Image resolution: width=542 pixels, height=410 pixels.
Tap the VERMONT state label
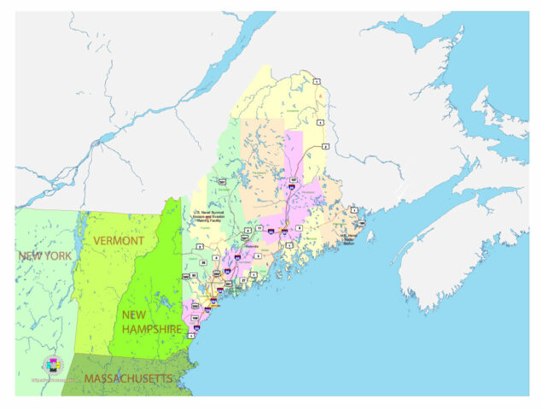click(x=119, y=242)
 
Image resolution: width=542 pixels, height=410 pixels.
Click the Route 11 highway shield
click(x=259, y=229)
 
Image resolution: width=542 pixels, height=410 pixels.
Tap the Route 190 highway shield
click(x=361, y=224)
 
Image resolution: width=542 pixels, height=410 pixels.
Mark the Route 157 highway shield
click(x=293, y=181)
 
